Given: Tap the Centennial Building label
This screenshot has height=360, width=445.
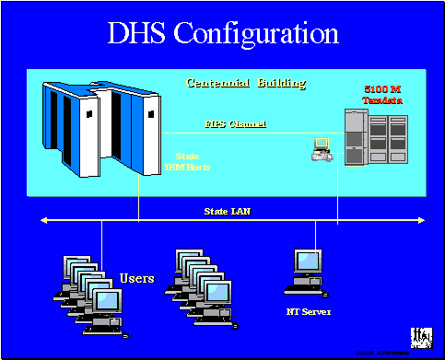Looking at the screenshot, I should [246, 84].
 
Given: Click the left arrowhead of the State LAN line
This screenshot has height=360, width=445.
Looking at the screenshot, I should [41, 220].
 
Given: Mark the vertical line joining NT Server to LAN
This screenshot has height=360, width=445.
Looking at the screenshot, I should [318, 235].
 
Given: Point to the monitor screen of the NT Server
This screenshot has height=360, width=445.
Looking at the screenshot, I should [305, 265].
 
